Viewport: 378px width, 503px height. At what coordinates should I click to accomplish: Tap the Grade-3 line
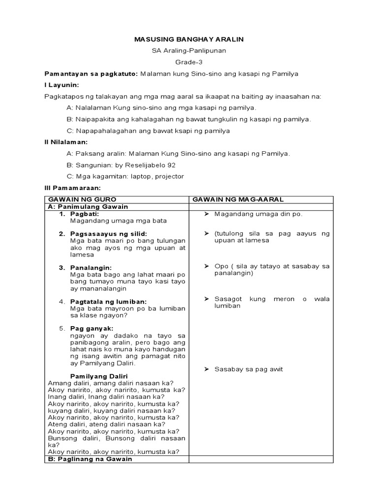click(189, 62)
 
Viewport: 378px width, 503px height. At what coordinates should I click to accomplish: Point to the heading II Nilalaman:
click(66, 142)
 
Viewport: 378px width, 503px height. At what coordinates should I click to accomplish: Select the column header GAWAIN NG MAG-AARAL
click(238, 199)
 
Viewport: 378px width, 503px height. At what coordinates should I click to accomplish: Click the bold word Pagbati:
click(85, 214)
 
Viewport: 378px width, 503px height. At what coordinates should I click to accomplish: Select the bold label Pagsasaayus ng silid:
click(109, 234)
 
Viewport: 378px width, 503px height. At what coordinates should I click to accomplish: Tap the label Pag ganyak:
click(92, 328)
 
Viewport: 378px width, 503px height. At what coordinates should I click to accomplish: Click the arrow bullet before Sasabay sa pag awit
click(207, 369)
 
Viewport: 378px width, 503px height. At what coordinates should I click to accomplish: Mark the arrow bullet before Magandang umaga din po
click(207, 214)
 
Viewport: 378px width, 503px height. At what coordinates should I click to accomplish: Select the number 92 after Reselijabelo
click(171, 165)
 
